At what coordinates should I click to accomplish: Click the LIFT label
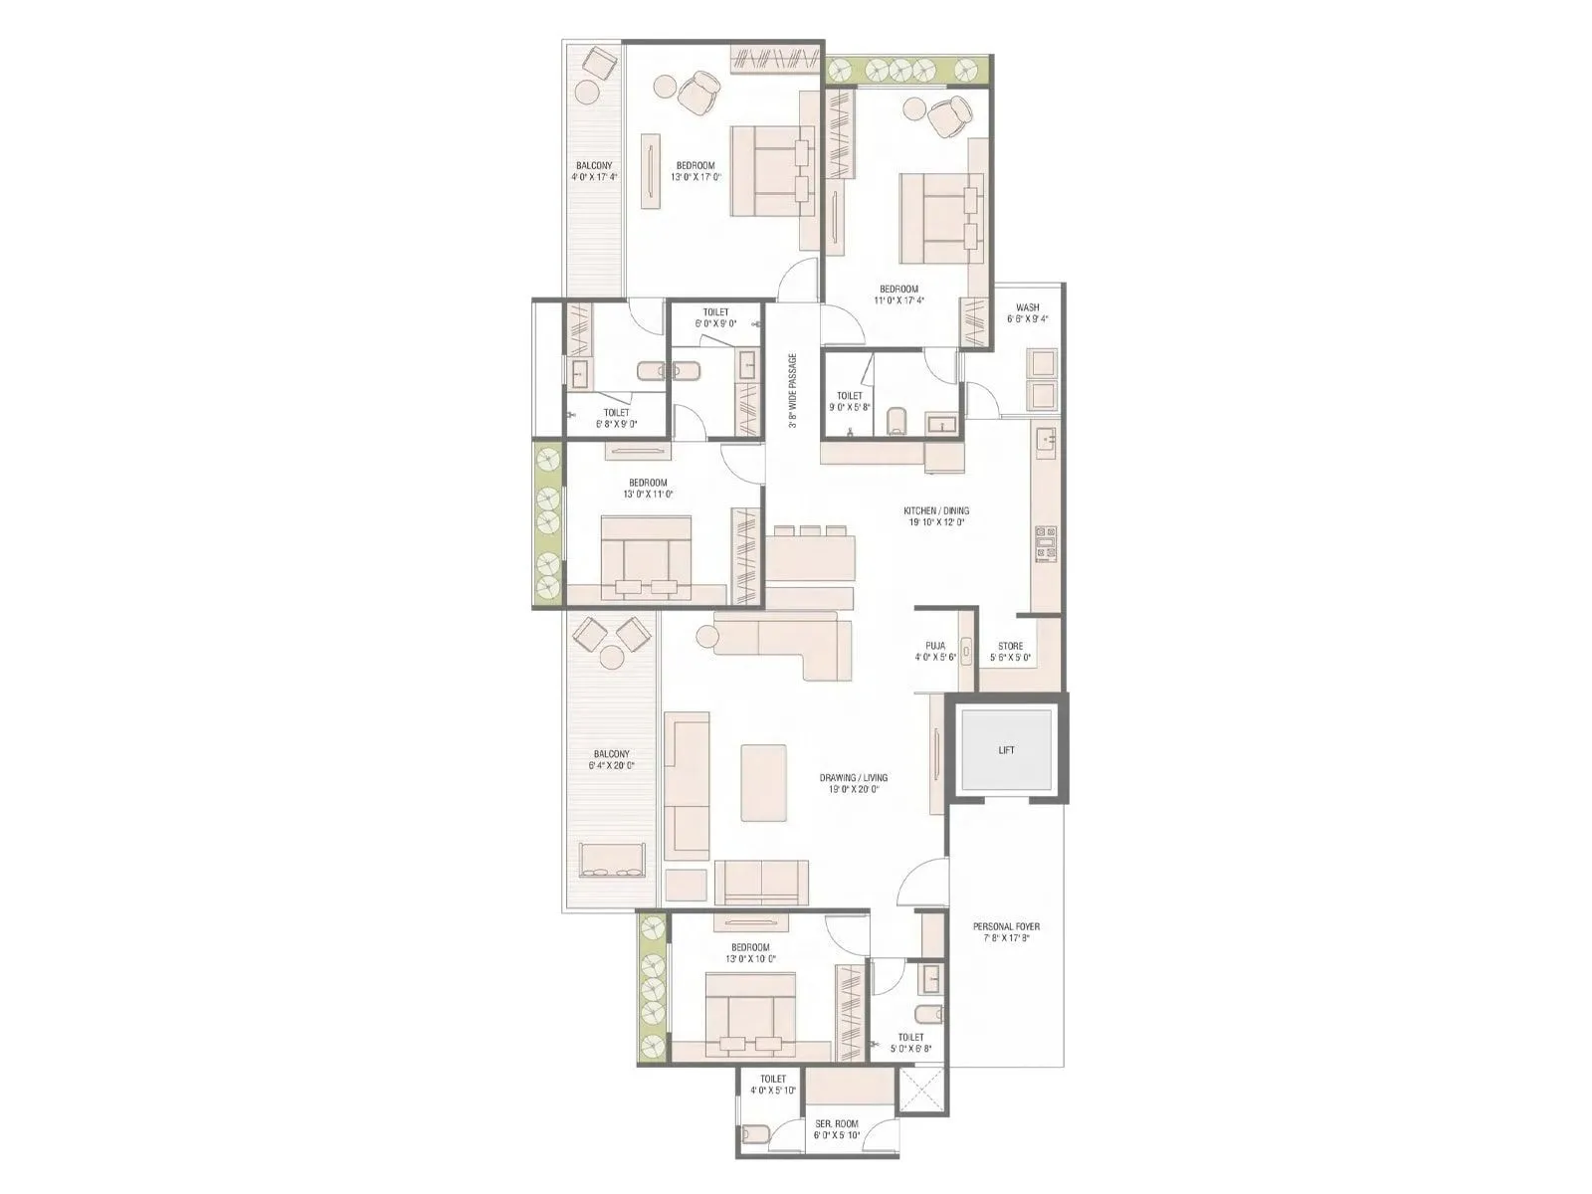tap(1006, 750)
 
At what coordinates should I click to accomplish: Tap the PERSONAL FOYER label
tap(1006, 926)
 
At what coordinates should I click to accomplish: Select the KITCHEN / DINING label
tap(936, 511)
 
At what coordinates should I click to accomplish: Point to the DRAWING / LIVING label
tap(853, 778)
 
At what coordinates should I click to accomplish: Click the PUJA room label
tap(935, 646)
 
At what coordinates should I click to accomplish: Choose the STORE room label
tap(1010, 646)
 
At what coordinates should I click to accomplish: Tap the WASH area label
tap(1028, 307)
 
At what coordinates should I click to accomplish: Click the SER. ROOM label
tap(836, 1124)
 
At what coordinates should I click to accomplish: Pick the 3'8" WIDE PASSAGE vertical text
tap(793, 390)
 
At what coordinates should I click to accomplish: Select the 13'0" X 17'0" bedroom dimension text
tap(695, 177)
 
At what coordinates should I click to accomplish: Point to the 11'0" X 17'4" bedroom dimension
tap(898, 300)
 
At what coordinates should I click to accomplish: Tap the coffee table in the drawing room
tap(763, 783)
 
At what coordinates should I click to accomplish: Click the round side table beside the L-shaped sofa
tap(707, 635)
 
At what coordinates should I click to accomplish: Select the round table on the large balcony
tap(610, 657)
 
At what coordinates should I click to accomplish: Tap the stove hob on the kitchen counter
tap(1045, 543)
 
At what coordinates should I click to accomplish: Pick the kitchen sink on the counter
tap(1046, 438)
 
